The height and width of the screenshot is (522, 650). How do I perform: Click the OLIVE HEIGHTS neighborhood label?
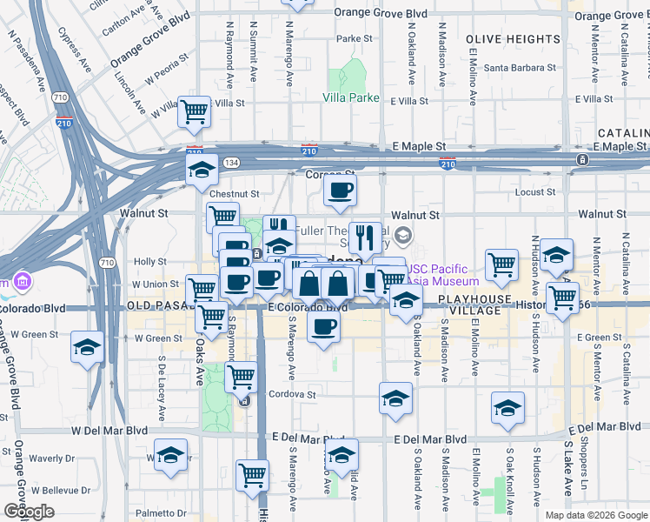[513, 39]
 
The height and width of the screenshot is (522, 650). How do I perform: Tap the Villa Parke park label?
[351, 97]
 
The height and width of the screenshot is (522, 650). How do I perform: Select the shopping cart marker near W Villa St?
[195, 110]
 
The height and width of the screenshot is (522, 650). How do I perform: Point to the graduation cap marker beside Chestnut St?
[202, 169]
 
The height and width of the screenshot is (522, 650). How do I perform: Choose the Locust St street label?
[534, 191]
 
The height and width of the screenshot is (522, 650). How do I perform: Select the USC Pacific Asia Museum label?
[445, 275]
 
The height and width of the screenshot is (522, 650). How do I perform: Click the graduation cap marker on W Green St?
[88, 347]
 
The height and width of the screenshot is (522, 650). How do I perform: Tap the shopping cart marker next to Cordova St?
[241, 378]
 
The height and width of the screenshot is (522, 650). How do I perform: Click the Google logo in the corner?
[29, 512]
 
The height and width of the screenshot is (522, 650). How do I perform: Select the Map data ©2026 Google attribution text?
[595, 515]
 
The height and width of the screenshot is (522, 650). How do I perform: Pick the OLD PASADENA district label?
[164, 306]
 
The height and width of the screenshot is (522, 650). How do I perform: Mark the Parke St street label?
[355, 38]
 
